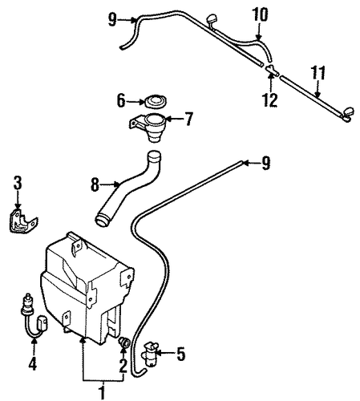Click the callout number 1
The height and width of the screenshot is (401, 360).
pos(102,391)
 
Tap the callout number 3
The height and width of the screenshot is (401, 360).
pos(18,184)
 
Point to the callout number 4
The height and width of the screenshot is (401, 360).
pos(33,363)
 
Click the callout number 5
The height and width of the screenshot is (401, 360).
pos(180,354)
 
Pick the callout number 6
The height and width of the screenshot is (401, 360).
pos(121,101)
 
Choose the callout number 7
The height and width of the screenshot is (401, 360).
pos(188,119)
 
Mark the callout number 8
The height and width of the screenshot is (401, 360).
pos(95,184)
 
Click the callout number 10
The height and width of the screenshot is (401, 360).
pos(261,15)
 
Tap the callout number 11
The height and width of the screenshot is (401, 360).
pos(318,73)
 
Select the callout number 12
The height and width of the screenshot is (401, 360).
pos(270,100)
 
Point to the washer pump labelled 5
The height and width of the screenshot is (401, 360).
pos(150,354)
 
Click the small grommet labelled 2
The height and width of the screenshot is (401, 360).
pos(124,342)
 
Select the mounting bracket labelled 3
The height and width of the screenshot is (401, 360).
pos(23,221)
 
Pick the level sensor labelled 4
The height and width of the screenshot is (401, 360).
pos(33,316)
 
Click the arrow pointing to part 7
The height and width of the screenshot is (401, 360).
pos(174,119)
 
